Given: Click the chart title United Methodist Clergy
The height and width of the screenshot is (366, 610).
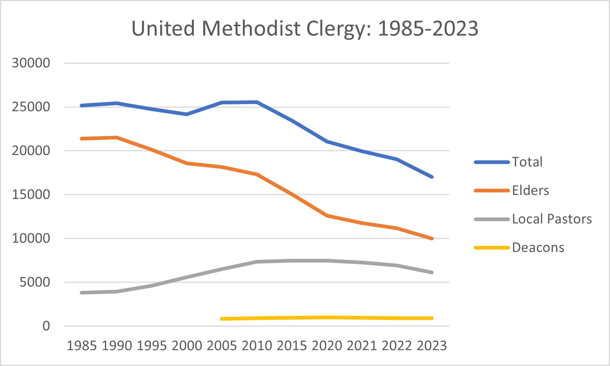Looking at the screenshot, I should (305, 29).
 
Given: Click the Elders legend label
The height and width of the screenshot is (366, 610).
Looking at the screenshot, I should (530, 191).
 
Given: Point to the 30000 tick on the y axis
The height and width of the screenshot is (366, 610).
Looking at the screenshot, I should (31, 63).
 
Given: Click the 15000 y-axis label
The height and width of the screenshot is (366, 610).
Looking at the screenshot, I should (31, 195).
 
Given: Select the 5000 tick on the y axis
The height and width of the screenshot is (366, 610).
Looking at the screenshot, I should (35, 282).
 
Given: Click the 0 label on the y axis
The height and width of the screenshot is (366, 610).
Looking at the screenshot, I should (46, 326).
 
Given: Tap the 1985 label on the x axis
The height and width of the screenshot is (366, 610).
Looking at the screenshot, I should (82, 346).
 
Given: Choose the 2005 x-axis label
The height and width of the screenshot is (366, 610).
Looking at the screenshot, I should (222, 346).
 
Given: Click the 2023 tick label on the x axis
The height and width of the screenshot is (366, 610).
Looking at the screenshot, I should (432, 346).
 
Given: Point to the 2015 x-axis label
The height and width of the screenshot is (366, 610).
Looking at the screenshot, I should (292, 346).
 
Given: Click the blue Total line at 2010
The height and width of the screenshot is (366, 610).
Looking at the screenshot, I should (257, 102).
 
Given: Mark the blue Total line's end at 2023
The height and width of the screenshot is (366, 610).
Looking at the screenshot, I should (432, 177).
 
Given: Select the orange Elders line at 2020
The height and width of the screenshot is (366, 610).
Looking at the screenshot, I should (327, 216).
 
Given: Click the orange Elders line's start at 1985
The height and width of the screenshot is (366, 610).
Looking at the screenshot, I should (82, 139).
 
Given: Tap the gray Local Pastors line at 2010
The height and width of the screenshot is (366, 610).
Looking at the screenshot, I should (257, 262).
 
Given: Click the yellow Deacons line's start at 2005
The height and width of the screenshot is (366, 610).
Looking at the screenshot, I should (222, 319).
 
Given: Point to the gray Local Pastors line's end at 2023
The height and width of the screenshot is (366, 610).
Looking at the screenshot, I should (432, 272).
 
